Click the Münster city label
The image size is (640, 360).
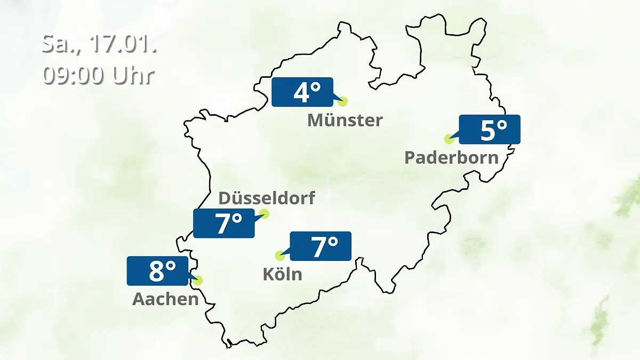tap(345, 120)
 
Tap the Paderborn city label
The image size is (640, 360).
tap(451, 157)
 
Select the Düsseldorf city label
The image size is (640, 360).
tap(267, 198)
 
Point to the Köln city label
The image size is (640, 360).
tap(282, 274)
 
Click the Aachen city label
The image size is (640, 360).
tap(165, 299)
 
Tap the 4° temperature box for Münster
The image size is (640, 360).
tap(302, 92)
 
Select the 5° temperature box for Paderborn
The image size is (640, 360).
tap(489, 130)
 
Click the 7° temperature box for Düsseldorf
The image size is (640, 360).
tap(224, 223)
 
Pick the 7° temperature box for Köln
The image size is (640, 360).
tap(320, 246)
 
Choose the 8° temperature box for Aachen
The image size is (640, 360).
tap(157, 270)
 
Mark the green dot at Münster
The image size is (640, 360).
tap(343, 101)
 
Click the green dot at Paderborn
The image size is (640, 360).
tap(449, 139)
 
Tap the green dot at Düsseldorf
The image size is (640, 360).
tap(263, 214)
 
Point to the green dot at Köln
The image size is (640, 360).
tap(279, 255)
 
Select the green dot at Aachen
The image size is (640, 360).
tap(198, 280)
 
